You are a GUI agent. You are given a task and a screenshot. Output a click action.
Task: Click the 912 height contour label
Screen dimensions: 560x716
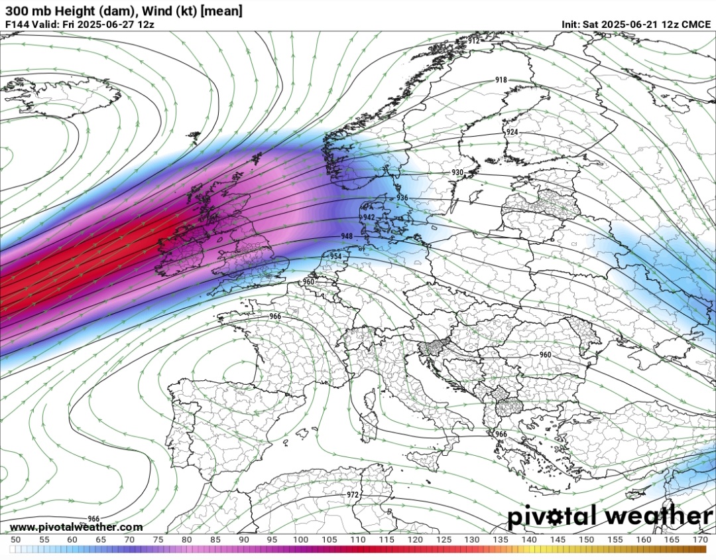[473, 41]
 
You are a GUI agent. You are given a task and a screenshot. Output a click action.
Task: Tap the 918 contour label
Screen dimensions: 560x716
[501, 80]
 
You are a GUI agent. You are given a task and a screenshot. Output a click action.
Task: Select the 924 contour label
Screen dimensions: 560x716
[512, 133]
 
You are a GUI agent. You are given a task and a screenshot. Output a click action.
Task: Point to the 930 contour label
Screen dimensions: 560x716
[457, 173]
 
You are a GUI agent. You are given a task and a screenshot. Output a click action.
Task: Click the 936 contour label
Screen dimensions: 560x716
[402, 198]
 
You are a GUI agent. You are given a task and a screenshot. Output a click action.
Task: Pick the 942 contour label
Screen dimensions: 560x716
[369, 218]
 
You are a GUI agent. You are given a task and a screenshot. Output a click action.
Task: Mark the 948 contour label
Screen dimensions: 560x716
[347, 236]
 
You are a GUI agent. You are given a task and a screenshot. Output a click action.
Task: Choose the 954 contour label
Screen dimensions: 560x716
[335, 256]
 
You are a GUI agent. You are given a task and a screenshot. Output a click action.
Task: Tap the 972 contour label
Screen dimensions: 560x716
[353, 495]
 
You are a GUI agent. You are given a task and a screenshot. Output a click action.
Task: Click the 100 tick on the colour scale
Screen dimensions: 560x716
[300, 540]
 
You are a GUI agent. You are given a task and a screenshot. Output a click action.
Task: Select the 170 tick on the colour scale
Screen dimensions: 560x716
[700, 540]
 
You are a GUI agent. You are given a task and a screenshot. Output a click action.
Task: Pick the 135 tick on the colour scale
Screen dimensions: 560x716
[500, 540]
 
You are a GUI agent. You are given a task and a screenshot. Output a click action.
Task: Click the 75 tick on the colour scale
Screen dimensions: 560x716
[158, 540]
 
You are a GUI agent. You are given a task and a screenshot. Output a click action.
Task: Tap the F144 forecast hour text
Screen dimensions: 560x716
[17, 24]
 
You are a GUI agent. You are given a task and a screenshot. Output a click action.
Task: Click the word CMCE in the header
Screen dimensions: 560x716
[696, 24]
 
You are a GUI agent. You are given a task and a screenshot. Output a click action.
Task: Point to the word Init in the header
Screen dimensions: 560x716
[570, 24]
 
